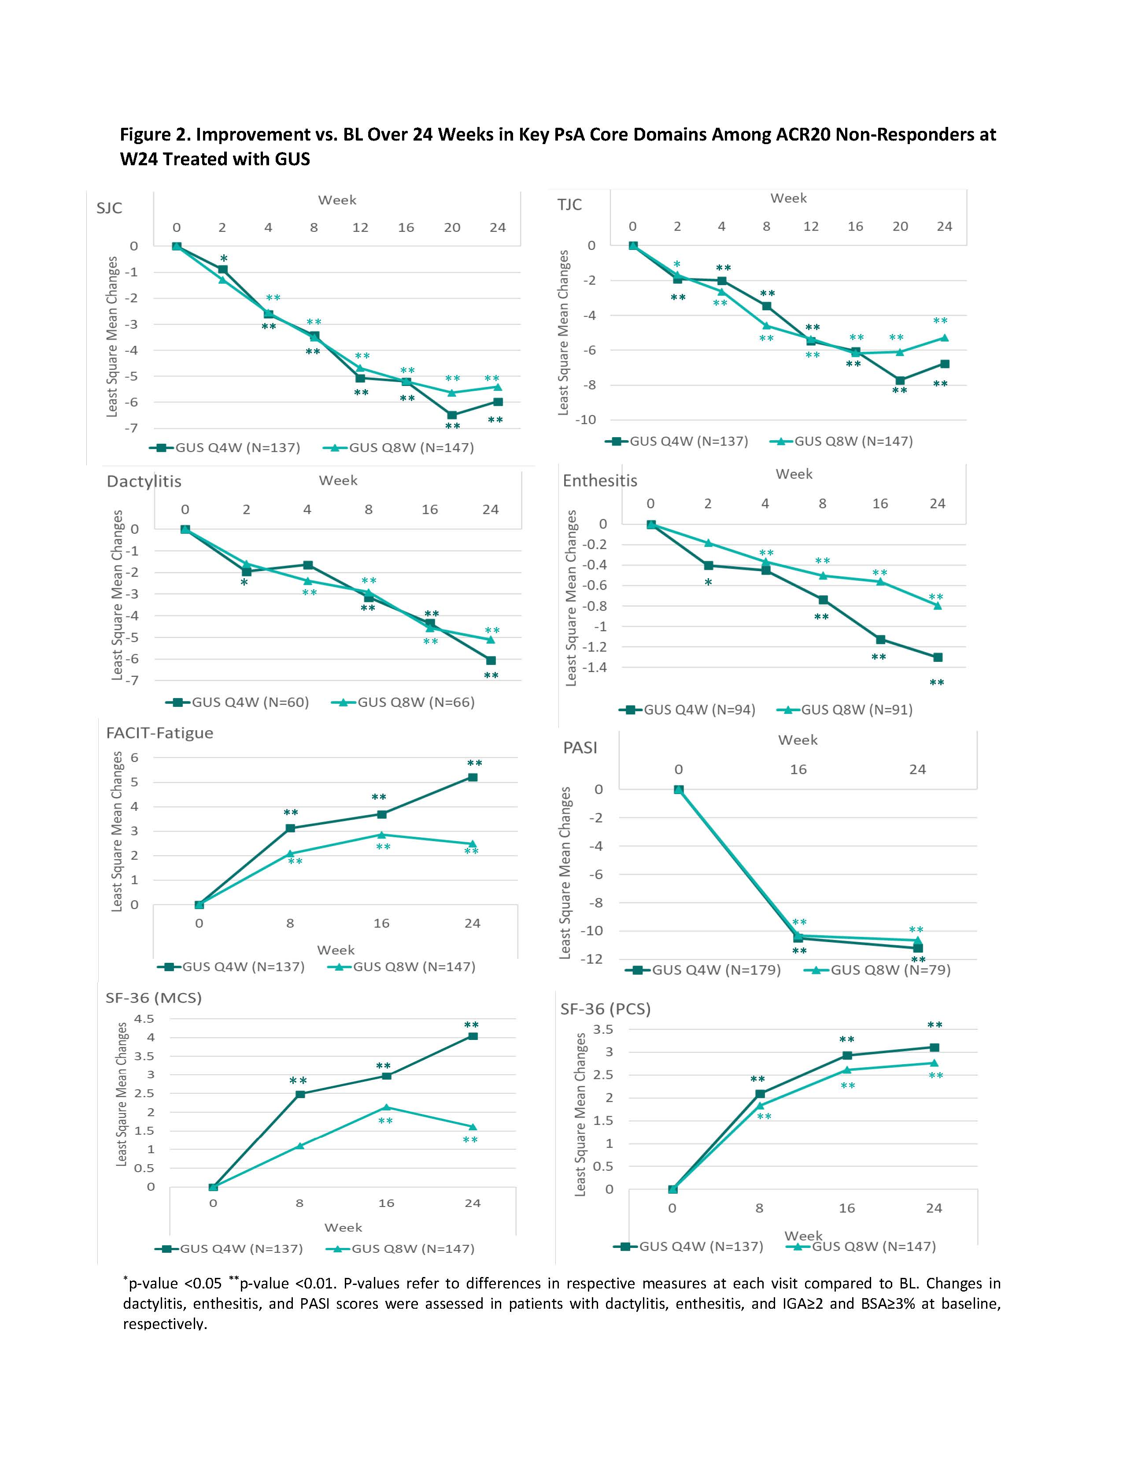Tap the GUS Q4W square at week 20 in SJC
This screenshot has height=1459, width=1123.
point(452,415)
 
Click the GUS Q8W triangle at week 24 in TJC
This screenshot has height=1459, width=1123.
point(944,338)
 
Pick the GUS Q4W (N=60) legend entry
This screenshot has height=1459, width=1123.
point(238,702)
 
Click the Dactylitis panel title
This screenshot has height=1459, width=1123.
point(144,481)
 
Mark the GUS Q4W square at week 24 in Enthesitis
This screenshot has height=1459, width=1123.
point(938,657)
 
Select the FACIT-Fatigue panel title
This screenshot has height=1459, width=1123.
point(159,733)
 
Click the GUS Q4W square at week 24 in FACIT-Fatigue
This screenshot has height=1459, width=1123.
point(472,777)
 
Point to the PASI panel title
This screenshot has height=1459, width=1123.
point(580,747)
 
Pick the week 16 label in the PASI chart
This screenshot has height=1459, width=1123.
point(798,769)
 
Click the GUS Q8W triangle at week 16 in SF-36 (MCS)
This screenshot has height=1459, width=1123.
point(386,1107)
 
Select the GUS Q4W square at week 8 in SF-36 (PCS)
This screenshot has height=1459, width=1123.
point(760,1094)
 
